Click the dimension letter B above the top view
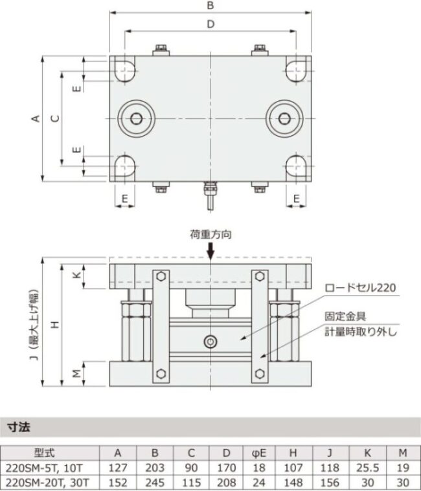(210, 6)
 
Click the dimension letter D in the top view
(210, 24)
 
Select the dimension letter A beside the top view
(36, 118)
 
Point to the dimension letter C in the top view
(55, 118)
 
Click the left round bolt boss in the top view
(136, 118)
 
